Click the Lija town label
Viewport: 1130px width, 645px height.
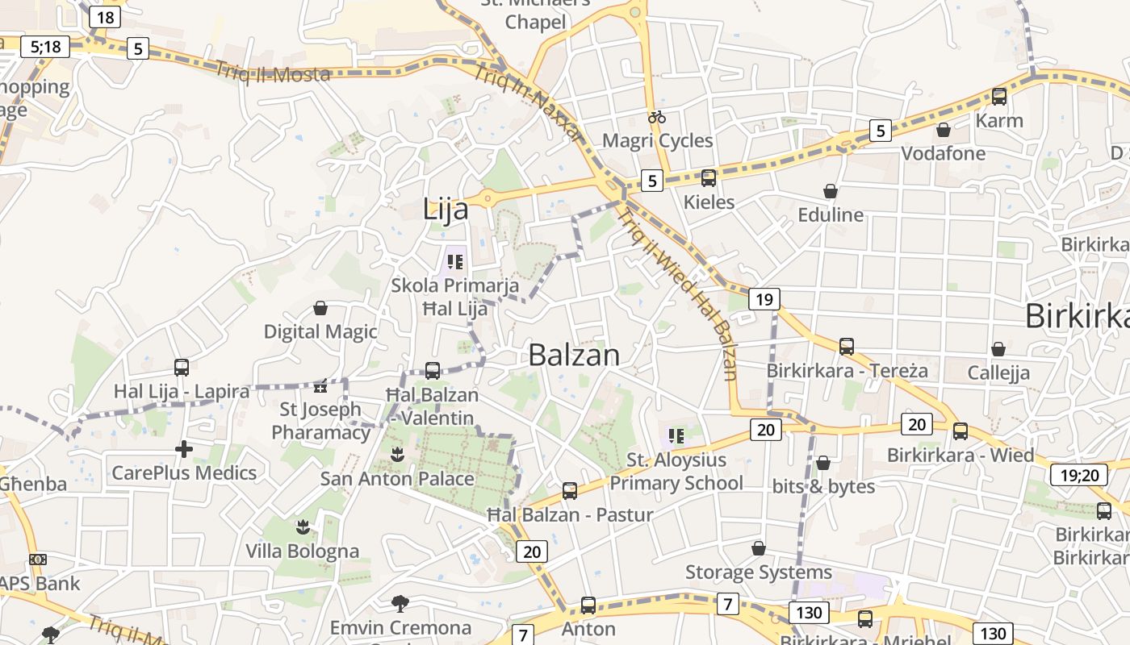click(x=446, y=210)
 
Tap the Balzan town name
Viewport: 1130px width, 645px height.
click(x=574, y=355)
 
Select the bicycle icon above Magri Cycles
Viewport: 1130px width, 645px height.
click(x=657, y=118)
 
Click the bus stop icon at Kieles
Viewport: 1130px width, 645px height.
click(x=709, y=178)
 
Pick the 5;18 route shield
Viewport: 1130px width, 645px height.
click(x=45, y=47)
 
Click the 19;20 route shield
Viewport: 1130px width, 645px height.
click(x=1078, y=475)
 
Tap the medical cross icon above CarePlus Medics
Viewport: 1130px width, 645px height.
click(x=184, y=449)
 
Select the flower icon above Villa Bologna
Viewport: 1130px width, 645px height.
click(x=303, y=527)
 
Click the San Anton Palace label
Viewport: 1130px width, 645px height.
click(x=397, y=479)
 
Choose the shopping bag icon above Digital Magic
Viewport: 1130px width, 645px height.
click(x=320, y=308)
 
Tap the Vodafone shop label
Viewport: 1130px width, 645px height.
click(x=943, y=153)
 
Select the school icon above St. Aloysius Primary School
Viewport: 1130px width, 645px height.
click(x=676, y=436)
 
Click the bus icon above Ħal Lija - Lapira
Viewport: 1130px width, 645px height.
click(x=182, y=368)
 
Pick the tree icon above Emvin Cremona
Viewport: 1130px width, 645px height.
click(x=400, y=603)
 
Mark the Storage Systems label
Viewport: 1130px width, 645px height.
click(x=758, y=572)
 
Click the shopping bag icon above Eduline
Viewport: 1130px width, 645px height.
click(x=830, y=191)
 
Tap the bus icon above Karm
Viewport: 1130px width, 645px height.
click(x=999, y=97)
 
